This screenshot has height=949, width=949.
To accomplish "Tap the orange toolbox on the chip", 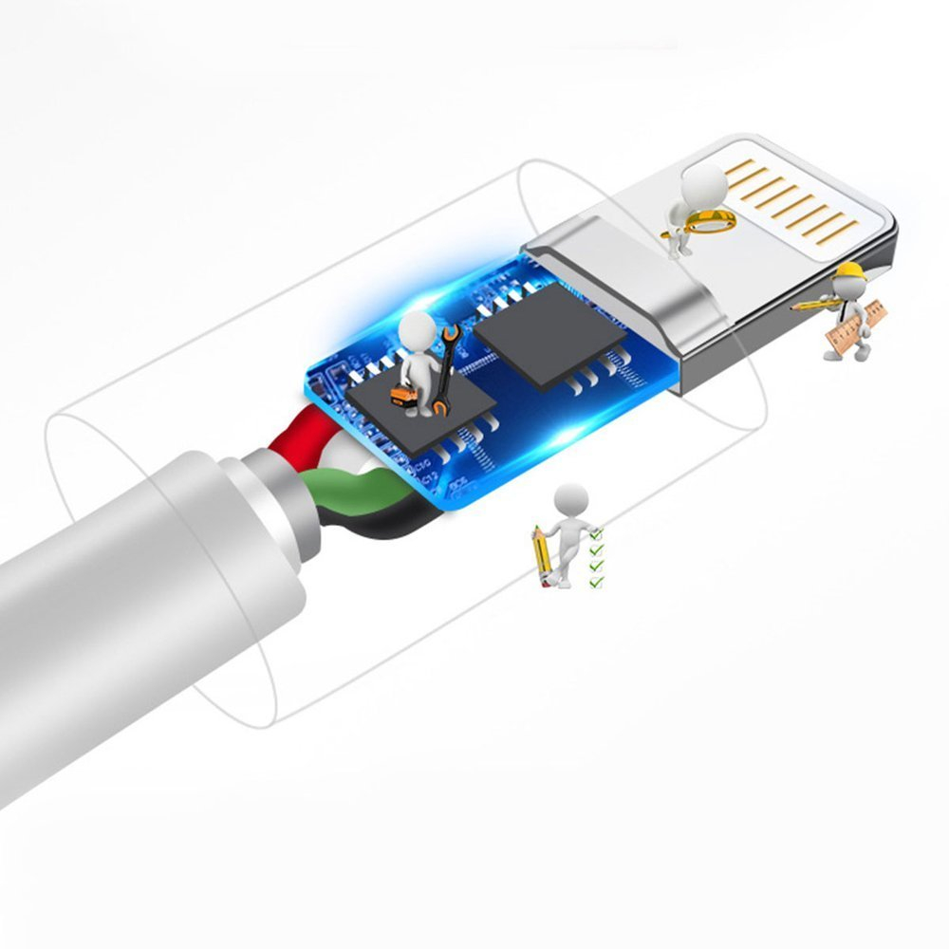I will [x=404, y=399].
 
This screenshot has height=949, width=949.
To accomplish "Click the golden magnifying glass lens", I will [x=711, y=221].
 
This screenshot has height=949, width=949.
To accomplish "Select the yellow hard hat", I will [x=847, y=272].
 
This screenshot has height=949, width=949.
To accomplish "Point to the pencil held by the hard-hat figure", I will [x=812, y=306].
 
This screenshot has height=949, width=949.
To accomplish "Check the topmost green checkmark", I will [x=596, y=535].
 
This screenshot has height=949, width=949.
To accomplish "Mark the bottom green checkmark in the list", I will [x=596, y=580].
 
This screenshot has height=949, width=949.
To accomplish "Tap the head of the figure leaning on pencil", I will [x=570, y=497].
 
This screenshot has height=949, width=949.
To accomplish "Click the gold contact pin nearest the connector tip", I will [x=831, y=228].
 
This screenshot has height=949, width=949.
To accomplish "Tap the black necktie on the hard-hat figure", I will [x=850, y=308].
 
